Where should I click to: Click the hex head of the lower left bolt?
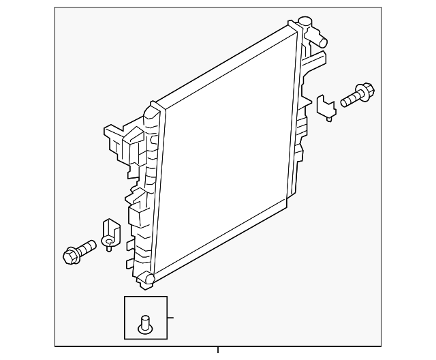pyautogui.click(x=69, y=255)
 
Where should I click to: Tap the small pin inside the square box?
pyautogui.click(x=144, y=324)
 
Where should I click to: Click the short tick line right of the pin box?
pyautogui.click(x=171, y=317)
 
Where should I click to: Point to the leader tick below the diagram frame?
pyautogui.click(x=218, y=350)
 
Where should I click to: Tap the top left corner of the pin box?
pyautogui.click(x=125, y=297)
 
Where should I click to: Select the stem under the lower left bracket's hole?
pyautogui.click(x=108, y=247)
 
